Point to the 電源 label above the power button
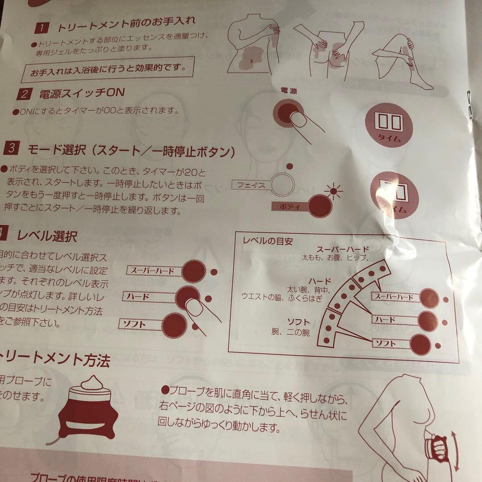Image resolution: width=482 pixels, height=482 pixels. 288,91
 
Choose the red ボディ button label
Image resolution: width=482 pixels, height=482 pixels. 290,206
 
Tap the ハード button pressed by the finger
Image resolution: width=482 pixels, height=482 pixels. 187,296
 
